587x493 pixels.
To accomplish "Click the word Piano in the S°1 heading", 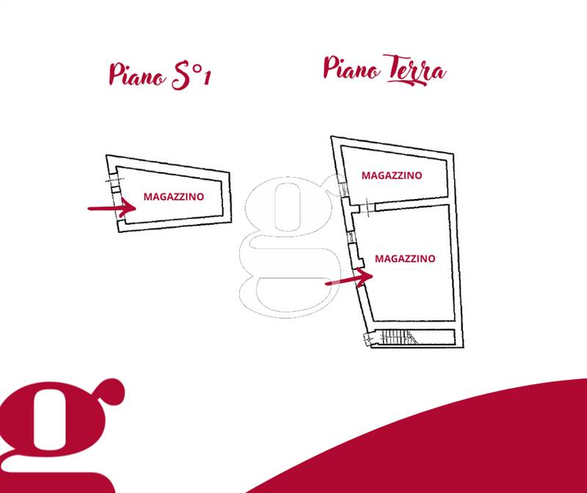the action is [137, 75].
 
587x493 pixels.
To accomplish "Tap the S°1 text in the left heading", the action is [191, 76].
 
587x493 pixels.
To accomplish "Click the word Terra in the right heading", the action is [415, 71].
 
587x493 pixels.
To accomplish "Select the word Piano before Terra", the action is [351, 68].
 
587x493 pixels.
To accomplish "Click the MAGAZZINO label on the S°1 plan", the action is [174, 196].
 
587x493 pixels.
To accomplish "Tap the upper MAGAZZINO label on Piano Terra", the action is [392, 175].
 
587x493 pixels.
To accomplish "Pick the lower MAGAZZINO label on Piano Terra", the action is [405, 259].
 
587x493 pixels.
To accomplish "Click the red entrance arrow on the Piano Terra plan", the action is [349, 278].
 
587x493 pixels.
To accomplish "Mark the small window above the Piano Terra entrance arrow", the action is [352, 237].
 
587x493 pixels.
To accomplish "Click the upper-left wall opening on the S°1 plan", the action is [113, 180].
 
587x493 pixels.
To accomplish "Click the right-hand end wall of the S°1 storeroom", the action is [226, 198].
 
